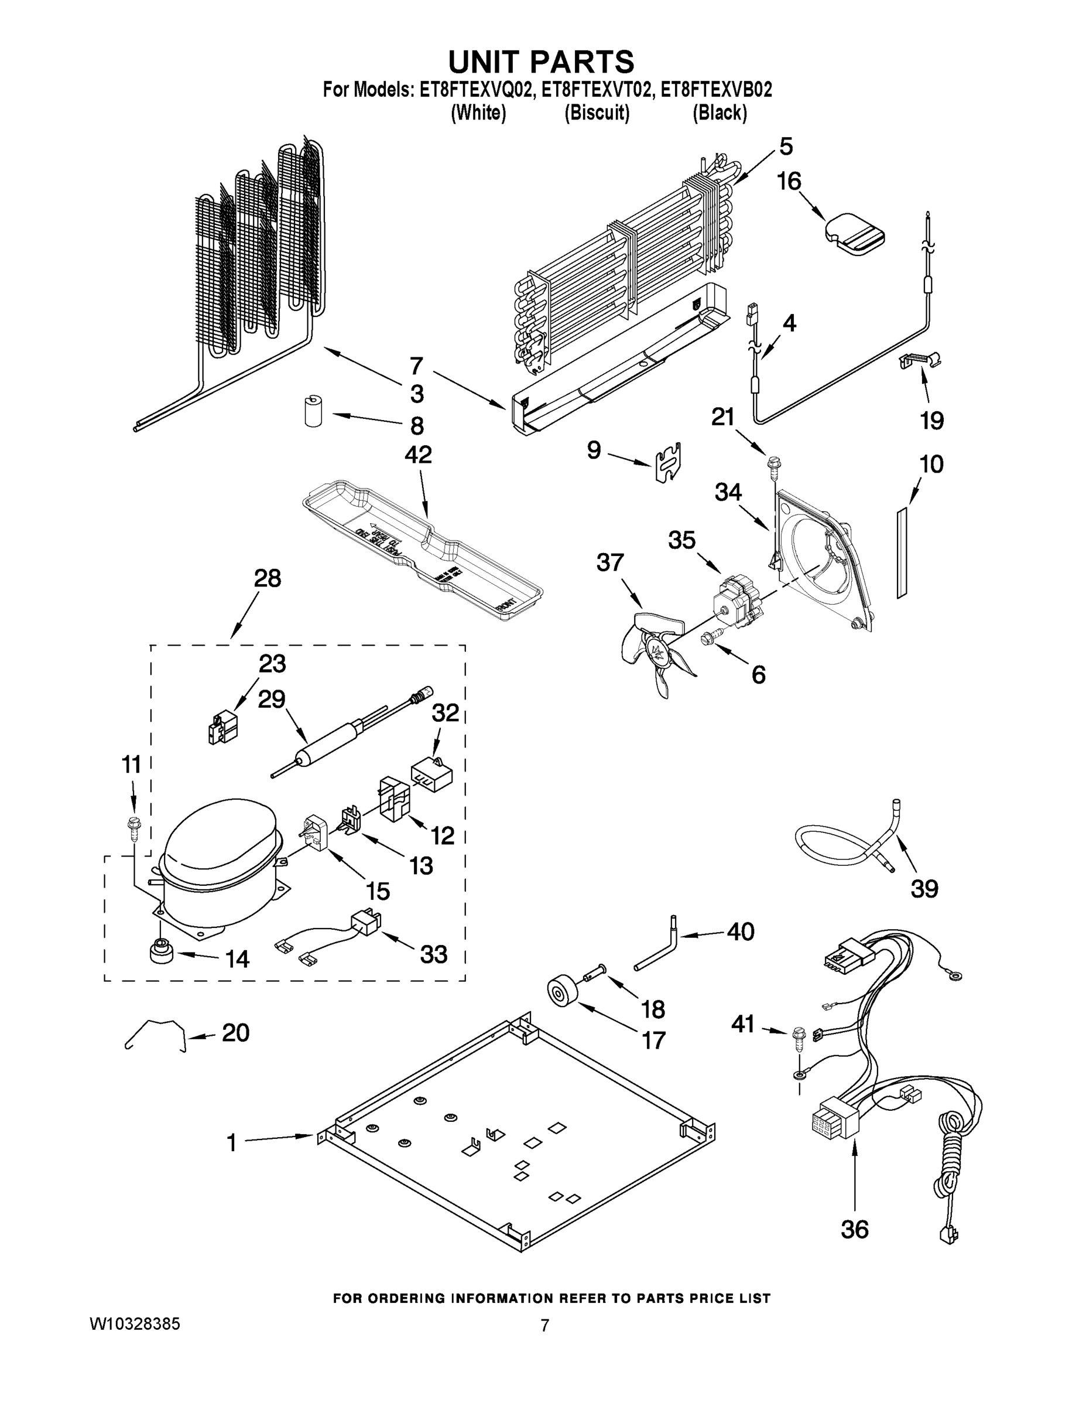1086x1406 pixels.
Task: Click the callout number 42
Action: [418, 455]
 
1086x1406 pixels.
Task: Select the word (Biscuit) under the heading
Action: [597, 113]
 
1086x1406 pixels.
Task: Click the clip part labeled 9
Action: [669, 462]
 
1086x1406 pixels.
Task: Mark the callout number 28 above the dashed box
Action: [268, 579]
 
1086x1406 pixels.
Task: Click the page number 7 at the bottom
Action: [544, 1326]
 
